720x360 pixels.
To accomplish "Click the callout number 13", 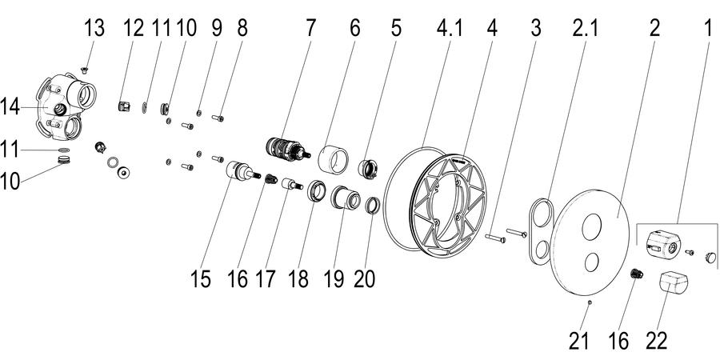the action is click(94, 29).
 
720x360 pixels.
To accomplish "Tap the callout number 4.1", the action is click(449, 29).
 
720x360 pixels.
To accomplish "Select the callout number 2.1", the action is click(585, 29).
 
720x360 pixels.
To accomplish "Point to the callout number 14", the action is click(10, 107).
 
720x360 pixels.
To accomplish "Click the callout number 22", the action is click(656, 341).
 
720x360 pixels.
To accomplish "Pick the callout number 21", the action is click(578, 341).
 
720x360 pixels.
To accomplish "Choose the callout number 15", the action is click(201, 279).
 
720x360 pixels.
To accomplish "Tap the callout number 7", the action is click(311, 29).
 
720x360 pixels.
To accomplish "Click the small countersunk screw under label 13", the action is click(85, 70).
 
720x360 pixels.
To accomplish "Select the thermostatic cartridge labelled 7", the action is click(288, 150).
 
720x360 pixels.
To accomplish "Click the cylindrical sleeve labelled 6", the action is click(334, 159).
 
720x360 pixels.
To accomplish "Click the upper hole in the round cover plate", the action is click(591, 227).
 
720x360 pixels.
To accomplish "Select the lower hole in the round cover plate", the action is click(591, 262).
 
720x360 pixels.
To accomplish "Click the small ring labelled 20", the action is click(372, 206).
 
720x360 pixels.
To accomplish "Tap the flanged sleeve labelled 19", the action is click(346, 198).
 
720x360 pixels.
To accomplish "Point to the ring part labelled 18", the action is click(317, 190).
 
